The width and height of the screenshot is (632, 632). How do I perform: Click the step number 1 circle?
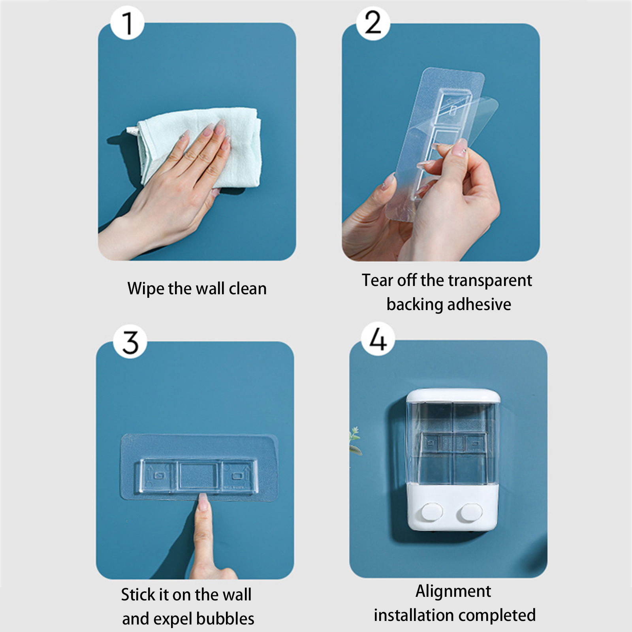[x=127, y=23]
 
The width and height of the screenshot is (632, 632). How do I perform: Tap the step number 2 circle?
[x=373, y=23]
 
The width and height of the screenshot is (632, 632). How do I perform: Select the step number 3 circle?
[x=130, y=342]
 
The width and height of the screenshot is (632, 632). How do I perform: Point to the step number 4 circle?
[x=378, y=339]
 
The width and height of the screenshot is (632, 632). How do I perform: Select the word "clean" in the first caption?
[x=248, y=289]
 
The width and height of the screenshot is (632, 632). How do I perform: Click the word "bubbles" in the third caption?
[x=225, y=619]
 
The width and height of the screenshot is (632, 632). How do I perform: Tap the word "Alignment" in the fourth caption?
[x=453, y=592]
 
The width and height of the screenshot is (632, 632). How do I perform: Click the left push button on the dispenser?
[x=432, y=512]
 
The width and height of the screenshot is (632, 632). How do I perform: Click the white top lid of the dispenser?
[x=453, y=396]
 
